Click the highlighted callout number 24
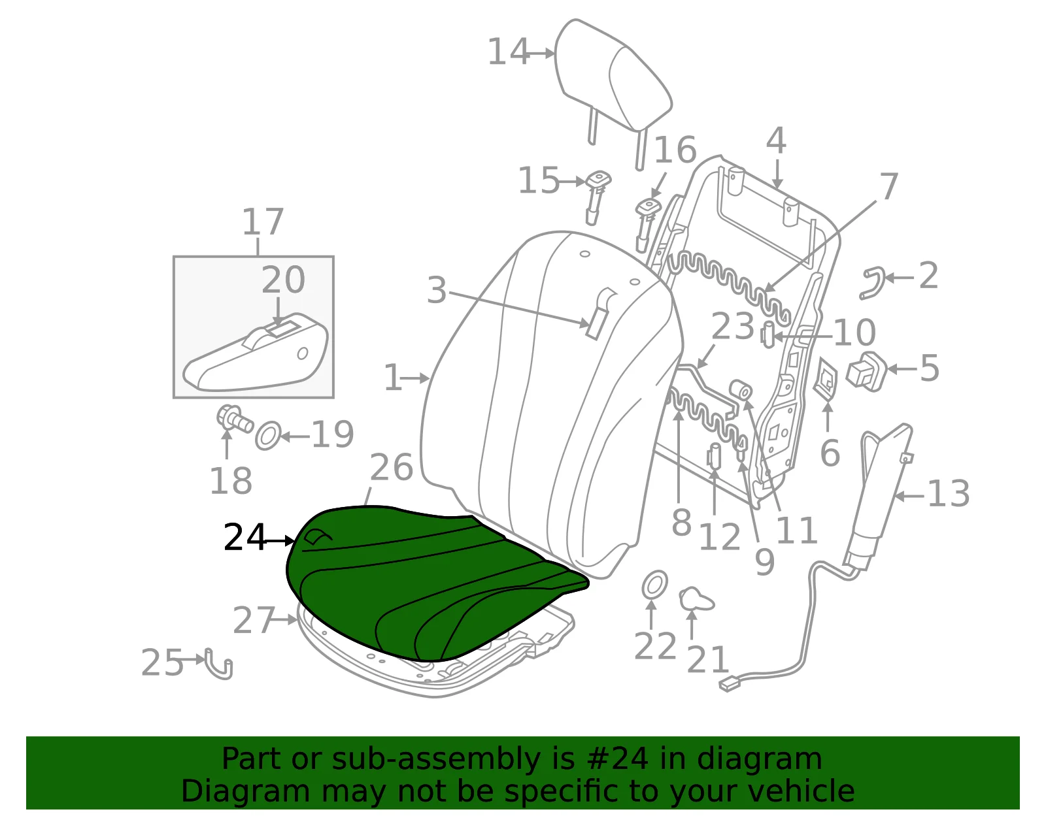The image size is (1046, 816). [x=245, y=537]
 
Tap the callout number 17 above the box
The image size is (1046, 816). [x=263, y=221]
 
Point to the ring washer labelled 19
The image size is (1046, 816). [x=267, y=436]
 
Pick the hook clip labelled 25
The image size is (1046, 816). [x=220, y=664]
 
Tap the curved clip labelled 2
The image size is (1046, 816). [x=872, y=283]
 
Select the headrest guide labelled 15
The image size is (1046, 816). [x=596, y=196]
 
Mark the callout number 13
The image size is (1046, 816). [x=949, y=494]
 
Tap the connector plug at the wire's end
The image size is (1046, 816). [x=730, y=685]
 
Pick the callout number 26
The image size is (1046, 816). [x=392, y=467]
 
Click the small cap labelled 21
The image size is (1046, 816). [x=696, y=598]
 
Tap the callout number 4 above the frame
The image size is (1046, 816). [x=776, y=141]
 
